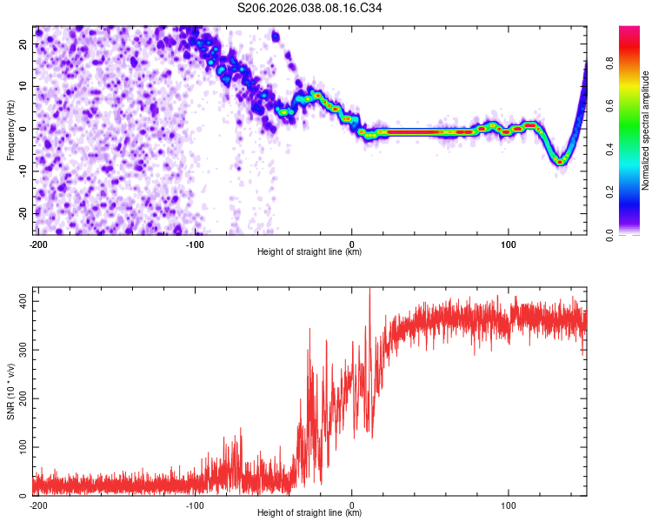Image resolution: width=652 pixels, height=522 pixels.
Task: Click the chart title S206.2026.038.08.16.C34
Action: [x=310, y=8]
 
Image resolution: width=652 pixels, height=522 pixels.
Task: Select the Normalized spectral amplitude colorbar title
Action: [x=645, y=130]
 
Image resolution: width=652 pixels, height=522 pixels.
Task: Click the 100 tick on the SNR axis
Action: [x=21, y=447]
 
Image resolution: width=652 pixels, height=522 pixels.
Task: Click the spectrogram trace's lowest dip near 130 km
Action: [x=561, y=161]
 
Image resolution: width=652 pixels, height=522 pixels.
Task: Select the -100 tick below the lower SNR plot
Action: [x=195, y=505]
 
